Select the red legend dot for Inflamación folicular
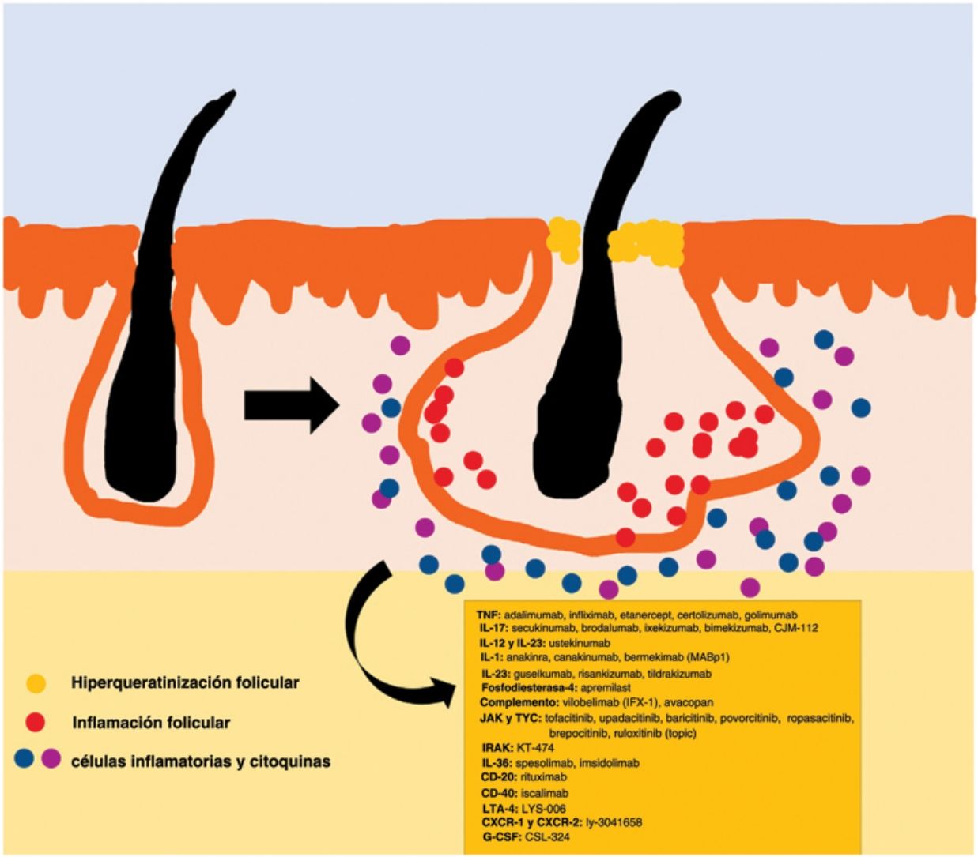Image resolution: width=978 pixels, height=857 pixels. pyautogui.click(x=36, y=722)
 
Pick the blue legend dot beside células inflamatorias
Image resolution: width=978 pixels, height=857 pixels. pyautogui.click(x=25, y=760)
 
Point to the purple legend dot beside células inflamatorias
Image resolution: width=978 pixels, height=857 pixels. pyautogui.click(x=51, y=760)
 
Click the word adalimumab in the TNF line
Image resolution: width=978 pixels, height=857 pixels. pyautogui.click(x=534, y=615)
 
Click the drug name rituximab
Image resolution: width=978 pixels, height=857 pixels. pyautogui.click(x=544, y=777)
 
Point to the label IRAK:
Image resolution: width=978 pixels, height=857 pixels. pyautogui.click(x=497, y=747)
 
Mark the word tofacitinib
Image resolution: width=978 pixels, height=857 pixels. pyautogui.click(x=569, y=718)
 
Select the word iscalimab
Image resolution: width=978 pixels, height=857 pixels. pyautogui.click(x=545, y=793)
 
